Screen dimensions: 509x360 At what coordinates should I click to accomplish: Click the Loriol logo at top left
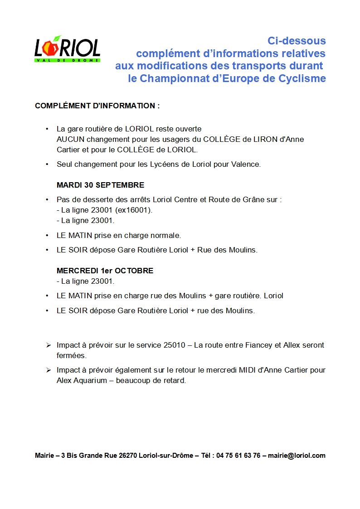(x=67, y=48)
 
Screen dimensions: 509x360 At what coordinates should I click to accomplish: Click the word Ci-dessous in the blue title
(x=297, y=41)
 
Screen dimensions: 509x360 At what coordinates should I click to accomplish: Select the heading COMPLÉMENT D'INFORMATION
(x=97, y=106)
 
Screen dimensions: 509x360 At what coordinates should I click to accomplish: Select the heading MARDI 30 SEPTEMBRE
(x=100, y=185)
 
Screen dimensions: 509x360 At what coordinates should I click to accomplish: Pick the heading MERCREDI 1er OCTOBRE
(x=105, y=271)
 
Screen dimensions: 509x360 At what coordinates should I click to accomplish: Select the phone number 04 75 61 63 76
(x=238, y=456)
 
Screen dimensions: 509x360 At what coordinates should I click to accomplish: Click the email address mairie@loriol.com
(x=297, y=456)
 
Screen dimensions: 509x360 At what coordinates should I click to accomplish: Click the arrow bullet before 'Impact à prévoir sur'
(x=48, y=345)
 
